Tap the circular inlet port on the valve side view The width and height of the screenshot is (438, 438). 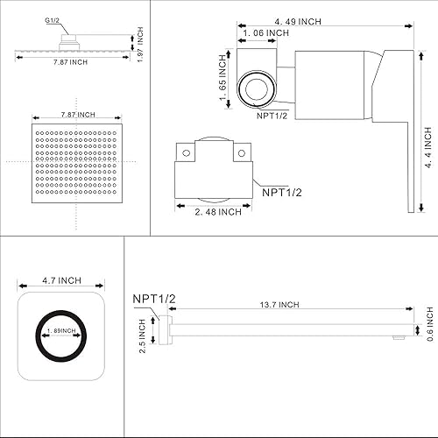pyautogui.click(x=257, y=89)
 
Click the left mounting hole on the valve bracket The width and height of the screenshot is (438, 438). pyautogui.click(x=186, y=154)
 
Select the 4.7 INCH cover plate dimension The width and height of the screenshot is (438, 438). pyautogui.click(x=61, y=280)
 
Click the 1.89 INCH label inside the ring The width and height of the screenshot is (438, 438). pyautogui.click(x=62, y=332)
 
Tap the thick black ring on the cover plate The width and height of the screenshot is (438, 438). pyautogui.click(x=37, y=333)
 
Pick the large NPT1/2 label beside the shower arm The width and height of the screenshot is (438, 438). pyautogui.click(x=154, y=299)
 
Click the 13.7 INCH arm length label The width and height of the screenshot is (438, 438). pyautogui.click(x=280, y=305)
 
